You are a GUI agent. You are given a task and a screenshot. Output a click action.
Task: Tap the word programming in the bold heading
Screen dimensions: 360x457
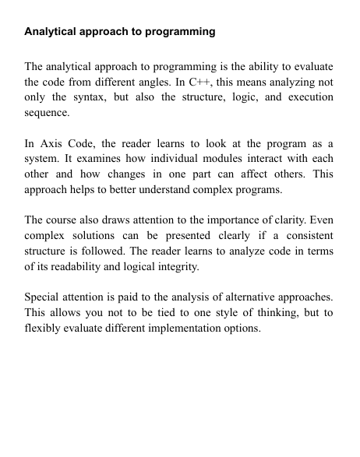point(181,33)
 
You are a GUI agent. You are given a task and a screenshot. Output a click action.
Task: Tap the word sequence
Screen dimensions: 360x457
point(47,112)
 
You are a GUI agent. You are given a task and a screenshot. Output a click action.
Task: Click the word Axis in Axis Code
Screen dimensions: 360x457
point(58,144)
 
